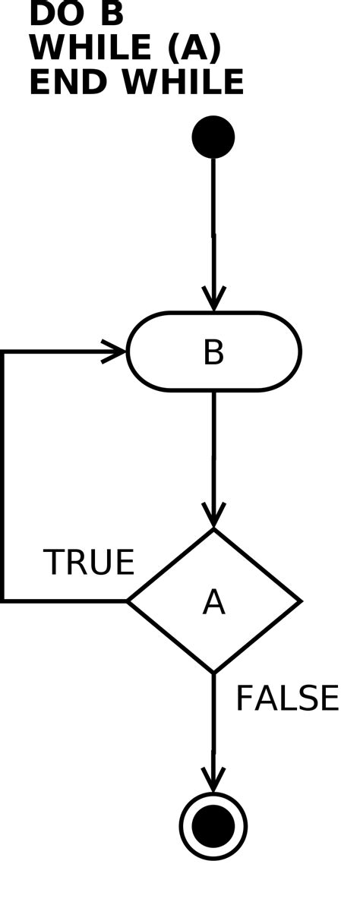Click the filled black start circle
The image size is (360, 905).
coord(213,137)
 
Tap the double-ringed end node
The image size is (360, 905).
coord(213,826)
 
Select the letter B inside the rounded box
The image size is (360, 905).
coord(213,353)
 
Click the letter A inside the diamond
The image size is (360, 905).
coord(213,603)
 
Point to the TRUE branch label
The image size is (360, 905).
coord(89,563)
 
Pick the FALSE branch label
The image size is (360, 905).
coord(286,698)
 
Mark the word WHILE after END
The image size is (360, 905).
coord(182,82)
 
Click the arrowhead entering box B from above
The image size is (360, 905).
coord(213,301)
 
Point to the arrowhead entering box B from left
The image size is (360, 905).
coord(115,352)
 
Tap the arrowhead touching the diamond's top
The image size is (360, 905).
coord(213,516)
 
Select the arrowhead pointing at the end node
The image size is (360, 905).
coord(213,780)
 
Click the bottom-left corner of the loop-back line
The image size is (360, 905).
coord(3,601)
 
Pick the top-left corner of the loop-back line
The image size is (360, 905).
coord(3,352)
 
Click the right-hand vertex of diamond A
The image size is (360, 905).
coord(300,601)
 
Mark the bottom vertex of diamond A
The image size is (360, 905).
coord(213,672)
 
